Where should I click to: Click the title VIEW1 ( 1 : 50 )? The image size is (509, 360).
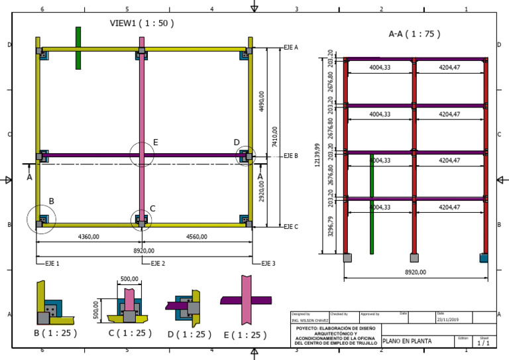coord(142,23)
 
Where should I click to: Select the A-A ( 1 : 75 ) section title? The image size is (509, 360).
coord(414,33)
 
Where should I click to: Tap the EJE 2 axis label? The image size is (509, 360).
coord(158,264)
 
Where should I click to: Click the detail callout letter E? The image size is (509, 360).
coord(155,142)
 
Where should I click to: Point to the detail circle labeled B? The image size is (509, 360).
coord(41,218)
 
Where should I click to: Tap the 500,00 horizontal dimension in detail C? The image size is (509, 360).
coord(130,279)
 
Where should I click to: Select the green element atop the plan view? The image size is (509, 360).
coord(78,48)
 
